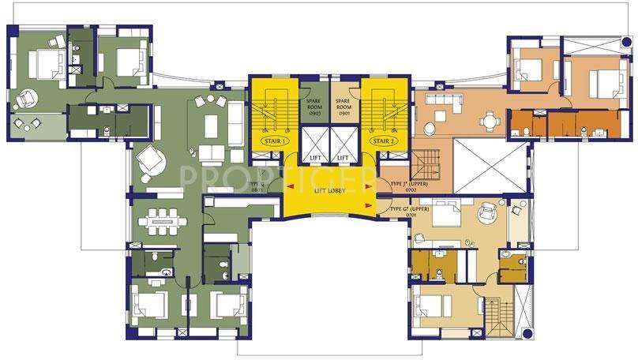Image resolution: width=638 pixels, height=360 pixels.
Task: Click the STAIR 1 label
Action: click(272, 139)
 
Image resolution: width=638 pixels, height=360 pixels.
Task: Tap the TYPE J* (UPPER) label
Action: click(408, 186)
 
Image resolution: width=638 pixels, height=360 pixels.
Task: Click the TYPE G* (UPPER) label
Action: click(408, 209)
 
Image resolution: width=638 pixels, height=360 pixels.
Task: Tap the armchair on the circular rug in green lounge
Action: click(148, 161)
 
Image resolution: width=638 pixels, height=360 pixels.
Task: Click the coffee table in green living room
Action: click(211, 125)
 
